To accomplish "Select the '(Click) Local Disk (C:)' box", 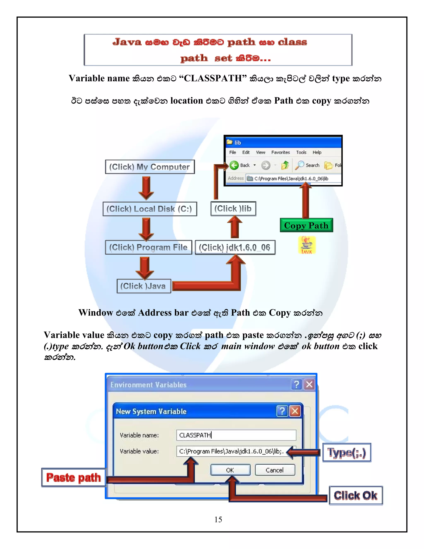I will [x=150, y=209].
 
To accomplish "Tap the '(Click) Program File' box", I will [x=148, y=247].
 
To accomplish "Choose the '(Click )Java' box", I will [x=144, y=286].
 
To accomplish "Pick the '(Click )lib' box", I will [x=233, y=209].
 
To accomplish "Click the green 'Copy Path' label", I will [x=306, y=225].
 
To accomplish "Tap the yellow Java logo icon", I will [x=307, y=245].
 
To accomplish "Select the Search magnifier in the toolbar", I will [x=300, y=165].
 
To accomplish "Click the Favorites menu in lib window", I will [x=280, y=152].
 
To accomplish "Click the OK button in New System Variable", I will [x=230, y=470].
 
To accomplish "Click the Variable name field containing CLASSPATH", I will [x=236, y=435].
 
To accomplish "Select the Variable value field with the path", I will [x=231, y=451].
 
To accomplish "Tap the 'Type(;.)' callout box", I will [x=347, y=452].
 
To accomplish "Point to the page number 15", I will [x=218, y=519].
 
